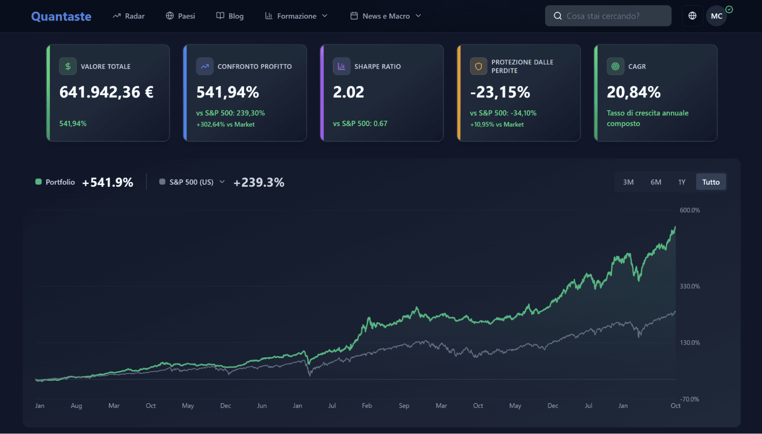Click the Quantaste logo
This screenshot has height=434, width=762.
click(x=61, y=16)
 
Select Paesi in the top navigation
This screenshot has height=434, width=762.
click(x=180, y=16)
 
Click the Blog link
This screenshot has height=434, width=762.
click(x=230, y=16)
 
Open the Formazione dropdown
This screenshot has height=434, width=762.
click(x=296, y=16)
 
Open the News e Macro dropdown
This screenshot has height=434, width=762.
click(x=385, y=16)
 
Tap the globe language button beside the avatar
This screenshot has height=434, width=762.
click(x=692, y=16)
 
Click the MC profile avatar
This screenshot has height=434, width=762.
click(x=716, y=16)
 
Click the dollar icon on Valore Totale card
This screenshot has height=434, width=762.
click(x=68, y=66)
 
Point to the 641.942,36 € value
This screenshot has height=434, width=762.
click(x=106, y=92)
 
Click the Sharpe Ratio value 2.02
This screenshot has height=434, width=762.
click(x=348, y=92)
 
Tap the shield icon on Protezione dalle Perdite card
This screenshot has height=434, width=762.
click(x=478, y=66)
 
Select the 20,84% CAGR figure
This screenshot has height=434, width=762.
click(x=634, y=92)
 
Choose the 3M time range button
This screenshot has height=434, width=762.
click(x=628, y=182)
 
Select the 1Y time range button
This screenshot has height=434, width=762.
click(x=682, y=182)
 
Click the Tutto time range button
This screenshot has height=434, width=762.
click(x=711, y=182)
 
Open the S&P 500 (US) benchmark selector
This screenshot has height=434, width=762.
click(x=192, y=182)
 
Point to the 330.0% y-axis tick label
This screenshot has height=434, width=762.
click(x=690, y=286)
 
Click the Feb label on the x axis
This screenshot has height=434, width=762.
click(x=367, y=406)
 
